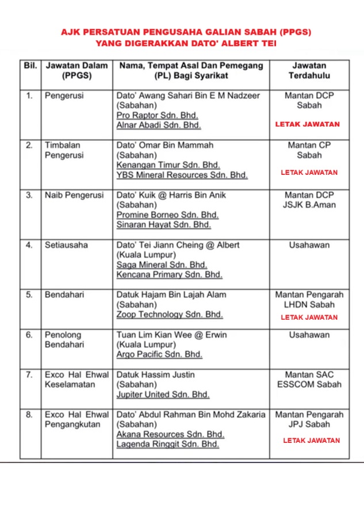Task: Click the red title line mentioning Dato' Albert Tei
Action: (185, 43)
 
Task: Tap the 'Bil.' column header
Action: (30, 66)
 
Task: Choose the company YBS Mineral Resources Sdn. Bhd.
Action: (182, 175)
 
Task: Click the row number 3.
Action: (29, 195)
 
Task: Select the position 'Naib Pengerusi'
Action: (74, 195)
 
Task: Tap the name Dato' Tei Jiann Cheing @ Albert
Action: (178, 244)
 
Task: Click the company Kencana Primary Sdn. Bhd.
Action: (169, 274)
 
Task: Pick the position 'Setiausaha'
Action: (67, 244)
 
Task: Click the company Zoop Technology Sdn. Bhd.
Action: (169, 315)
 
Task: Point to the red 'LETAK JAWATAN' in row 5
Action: (309, 317)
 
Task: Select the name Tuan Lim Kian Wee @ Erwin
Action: (171, 334)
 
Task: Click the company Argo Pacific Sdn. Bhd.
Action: (159, 354)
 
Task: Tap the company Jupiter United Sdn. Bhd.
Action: (163, 395)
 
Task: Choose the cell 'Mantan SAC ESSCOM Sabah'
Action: (309, 380)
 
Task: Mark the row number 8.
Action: (29, 414)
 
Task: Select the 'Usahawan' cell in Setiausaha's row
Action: (309, 244)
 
